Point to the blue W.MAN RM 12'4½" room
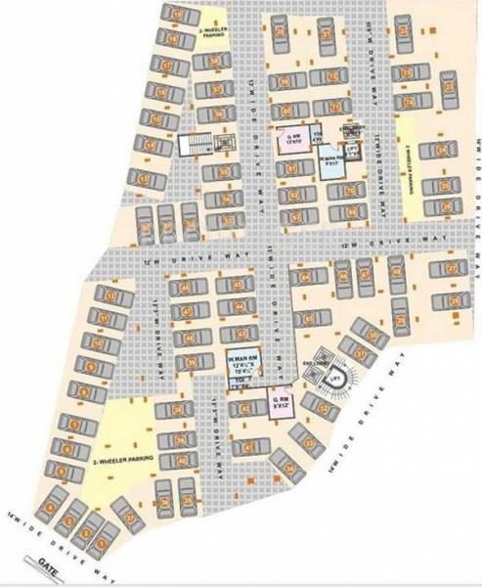coord(241,364)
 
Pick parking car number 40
coord(179,462)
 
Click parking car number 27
coord(452,269)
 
